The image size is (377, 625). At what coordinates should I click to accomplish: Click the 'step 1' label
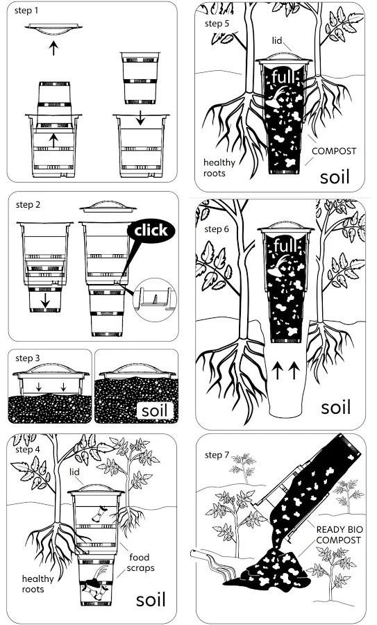26,10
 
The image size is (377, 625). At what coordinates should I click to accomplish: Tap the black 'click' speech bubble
151,231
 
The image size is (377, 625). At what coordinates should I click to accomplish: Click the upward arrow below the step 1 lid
53,48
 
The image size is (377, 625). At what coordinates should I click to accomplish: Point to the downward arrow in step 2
45,300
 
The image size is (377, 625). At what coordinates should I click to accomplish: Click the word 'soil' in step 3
155,410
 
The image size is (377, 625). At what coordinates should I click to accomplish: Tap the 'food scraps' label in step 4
140,562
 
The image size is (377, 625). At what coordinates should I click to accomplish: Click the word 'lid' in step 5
277,41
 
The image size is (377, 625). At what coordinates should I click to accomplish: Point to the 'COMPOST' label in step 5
334,151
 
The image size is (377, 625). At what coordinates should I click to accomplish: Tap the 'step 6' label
217,229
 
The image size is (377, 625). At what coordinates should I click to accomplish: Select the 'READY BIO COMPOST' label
340,535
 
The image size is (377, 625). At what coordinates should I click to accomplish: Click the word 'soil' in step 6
336,408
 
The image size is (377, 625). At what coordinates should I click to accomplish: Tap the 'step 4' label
28,449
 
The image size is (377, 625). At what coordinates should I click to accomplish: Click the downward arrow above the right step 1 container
140,117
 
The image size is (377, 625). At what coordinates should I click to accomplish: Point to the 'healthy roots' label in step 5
219,168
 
